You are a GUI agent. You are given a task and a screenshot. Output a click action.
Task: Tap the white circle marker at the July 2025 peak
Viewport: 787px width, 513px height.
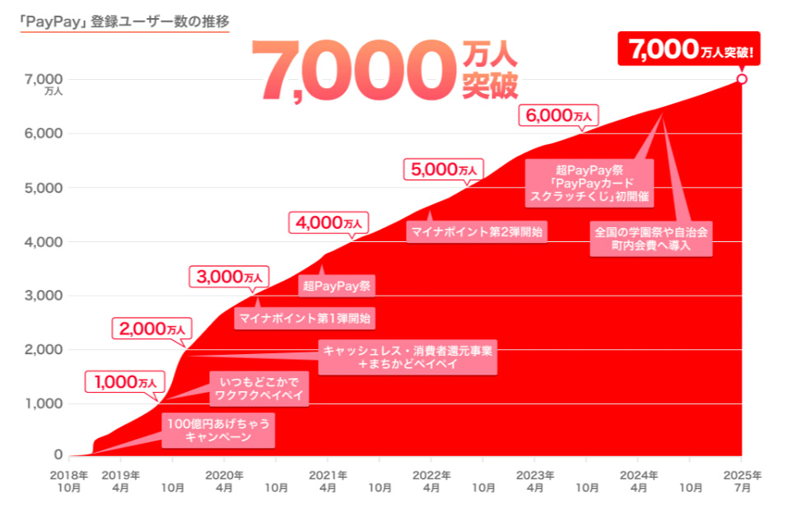(x=742, y=79)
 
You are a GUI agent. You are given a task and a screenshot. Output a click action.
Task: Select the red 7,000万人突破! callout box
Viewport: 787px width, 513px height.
(x=689, y=50)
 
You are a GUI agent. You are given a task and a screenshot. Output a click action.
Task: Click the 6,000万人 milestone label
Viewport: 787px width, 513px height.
(x=558, y=115)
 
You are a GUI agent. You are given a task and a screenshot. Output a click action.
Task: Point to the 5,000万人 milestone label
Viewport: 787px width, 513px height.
(x=443, y=170)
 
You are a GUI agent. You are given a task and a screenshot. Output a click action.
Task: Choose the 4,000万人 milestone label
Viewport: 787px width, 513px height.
(x=328, y=223)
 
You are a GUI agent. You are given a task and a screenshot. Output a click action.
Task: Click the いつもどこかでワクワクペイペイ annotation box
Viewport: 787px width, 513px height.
(x=259, y=388)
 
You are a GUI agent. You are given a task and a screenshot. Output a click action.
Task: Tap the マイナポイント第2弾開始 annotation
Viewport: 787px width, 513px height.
(x=477, y=231)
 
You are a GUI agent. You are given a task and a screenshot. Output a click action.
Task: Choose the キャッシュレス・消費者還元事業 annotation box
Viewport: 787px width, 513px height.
(x=408, y=357)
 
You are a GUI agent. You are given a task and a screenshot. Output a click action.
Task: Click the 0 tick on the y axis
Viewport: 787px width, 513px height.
(x=58, y=455)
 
